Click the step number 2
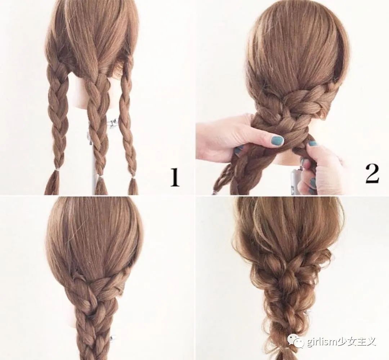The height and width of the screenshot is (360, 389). coord(372,174)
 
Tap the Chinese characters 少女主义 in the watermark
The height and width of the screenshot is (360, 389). coord(353,342)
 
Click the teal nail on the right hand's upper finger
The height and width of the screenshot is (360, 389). coord(313,144)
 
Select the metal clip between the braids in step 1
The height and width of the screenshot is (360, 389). coord(113,124)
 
